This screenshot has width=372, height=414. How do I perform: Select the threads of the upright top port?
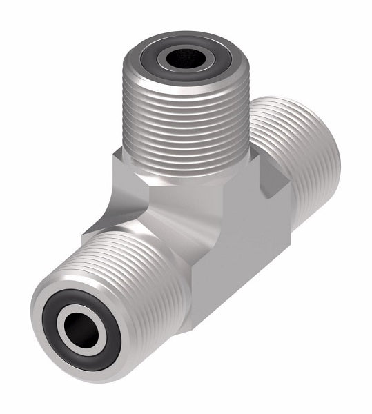pyautogui.click(x=185, y=124)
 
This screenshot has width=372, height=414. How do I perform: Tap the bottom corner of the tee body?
pyautogui.click(x=200, y=324)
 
